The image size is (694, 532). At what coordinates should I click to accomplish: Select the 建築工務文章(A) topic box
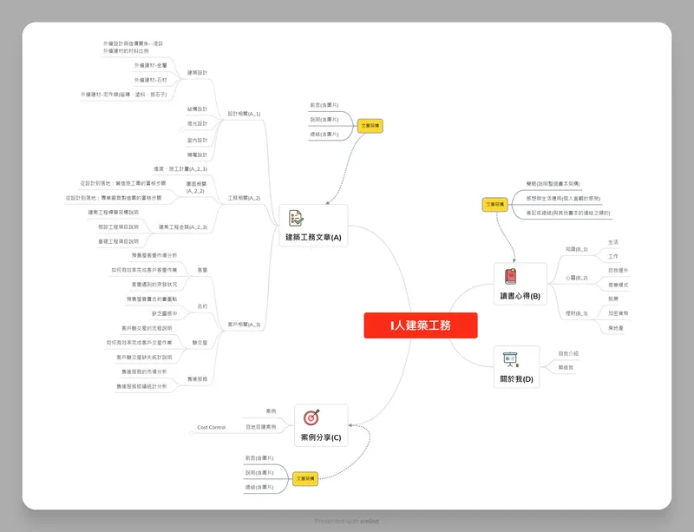click(x=313, y=226)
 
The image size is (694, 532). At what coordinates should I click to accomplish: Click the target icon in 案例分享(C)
click(x=312, y=417)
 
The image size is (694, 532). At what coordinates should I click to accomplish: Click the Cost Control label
click(x=211, y=427)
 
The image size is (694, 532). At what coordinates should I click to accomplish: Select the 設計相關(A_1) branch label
click(x=245, y=114)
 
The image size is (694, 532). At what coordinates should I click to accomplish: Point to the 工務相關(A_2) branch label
click(x=245, y=198)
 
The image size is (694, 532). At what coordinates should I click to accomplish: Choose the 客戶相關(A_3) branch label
click(x=245, y=324)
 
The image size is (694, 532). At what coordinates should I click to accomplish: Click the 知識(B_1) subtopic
click(x=577, y=249)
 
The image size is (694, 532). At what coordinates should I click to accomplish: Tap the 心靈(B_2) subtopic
click(x=577, y=278)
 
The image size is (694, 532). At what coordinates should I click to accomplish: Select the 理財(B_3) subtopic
click(x=577, y=313)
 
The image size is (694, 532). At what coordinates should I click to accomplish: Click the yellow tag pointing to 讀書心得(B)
click(x=495, y=205)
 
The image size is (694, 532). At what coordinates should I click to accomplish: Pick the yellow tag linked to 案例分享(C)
click(x=304, y=478)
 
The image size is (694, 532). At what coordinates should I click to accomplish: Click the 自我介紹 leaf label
click(x=569, y=353)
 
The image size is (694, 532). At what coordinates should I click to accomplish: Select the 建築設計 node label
click(x=197, y=73)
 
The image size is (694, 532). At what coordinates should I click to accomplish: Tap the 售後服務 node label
click(x=198, y=379)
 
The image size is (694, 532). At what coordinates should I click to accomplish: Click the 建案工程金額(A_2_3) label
click(x=183, y=227)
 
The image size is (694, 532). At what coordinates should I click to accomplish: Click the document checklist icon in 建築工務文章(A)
click(x=296, y=218)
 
